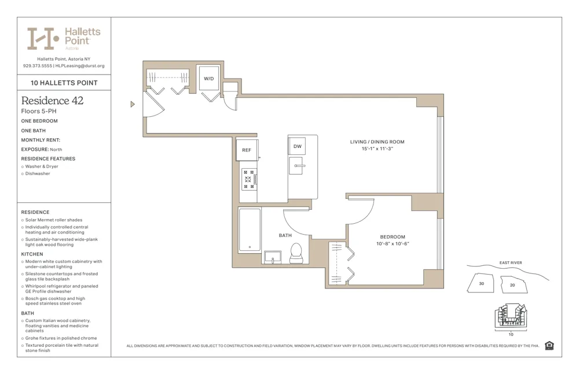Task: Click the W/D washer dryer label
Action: point(208,79)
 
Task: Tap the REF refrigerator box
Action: point(247,150)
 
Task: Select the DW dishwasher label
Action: point(297,146)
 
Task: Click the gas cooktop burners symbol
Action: point(249,179)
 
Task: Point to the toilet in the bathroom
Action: point(296,253)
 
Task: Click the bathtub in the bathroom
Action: point(250,229)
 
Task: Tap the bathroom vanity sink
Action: point(272,256)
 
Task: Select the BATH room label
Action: point(285,235)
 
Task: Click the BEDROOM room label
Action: point(393,237)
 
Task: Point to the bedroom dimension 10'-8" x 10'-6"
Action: point(393,244)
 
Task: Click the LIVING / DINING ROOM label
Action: point(377,142)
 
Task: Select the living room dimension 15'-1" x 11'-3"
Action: point(377,149)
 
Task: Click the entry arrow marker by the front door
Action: point(133,105)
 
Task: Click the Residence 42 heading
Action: point(52,101)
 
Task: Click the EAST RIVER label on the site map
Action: point(510,263)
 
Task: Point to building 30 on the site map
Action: point(481,284)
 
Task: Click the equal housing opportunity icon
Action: point(549,346)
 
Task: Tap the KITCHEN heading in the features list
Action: point(32,254)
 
